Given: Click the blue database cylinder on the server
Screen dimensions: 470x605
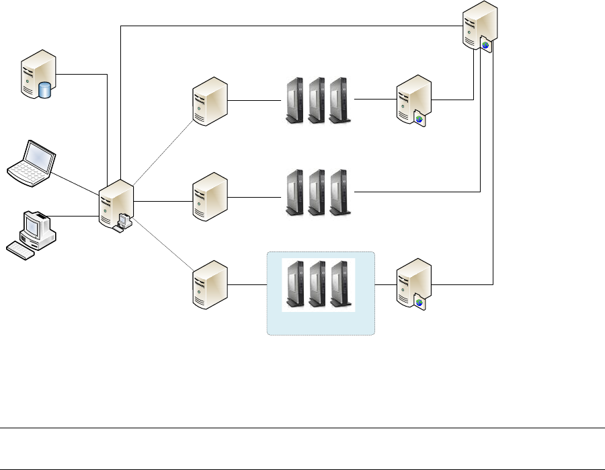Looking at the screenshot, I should coord(45,90).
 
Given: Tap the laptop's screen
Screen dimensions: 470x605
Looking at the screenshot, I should coord(38,158).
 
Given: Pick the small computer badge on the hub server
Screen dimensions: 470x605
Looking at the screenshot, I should coord(123,221).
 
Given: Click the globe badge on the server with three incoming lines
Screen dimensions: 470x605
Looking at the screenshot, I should coord(485,45).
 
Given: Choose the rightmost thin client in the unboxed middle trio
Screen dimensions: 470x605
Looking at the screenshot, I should coord(340,192).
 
